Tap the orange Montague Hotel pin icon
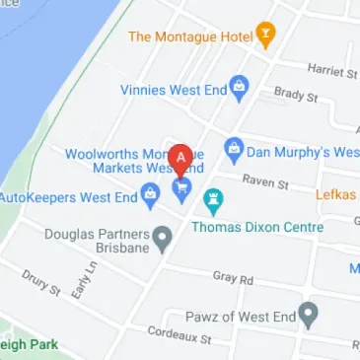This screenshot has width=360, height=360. pyautogui.click(x=265, y=36)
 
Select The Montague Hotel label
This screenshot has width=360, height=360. pyautogui.click(x=190, y=36)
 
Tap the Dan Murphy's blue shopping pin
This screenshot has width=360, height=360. pyautogui.click(x=234, y=151)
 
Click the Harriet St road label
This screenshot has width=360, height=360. pyautogui.click(x=331, y=69)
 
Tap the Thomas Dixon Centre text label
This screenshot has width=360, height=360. pyautogui.click(x=270, y=228)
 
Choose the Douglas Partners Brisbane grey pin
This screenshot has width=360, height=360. pyautogui.click(x=163, y=236)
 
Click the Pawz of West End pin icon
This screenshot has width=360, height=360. pyautogui.click(x=309, y=316)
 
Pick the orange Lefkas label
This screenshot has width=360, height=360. pyautogui.click(x=335, y=195)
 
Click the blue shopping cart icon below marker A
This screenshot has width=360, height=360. pyautogui.click(x=182, y=188)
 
